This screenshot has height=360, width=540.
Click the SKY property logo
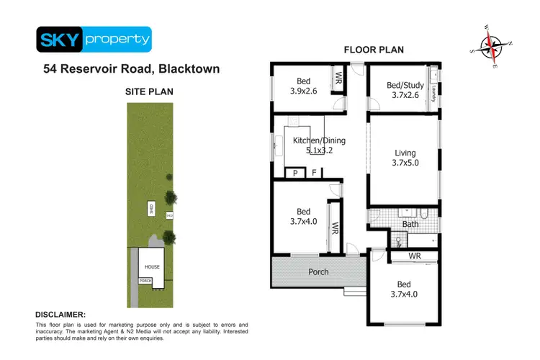tap(94, 40)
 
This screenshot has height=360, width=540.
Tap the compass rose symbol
tap(491, 47)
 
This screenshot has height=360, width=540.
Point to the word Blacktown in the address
tap(182, 70)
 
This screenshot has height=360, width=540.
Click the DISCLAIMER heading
tap(60, 315)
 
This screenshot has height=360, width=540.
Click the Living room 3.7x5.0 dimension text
tap(405, 163)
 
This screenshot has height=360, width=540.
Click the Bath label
tap(410, 224)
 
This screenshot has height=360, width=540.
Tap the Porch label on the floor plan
tap(318, 271)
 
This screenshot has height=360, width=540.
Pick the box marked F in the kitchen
tap(315, 173)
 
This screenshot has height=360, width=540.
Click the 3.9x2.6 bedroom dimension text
tap(303, 91)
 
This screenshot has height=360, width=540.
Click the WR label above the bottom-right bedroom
tap(414, 256)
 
